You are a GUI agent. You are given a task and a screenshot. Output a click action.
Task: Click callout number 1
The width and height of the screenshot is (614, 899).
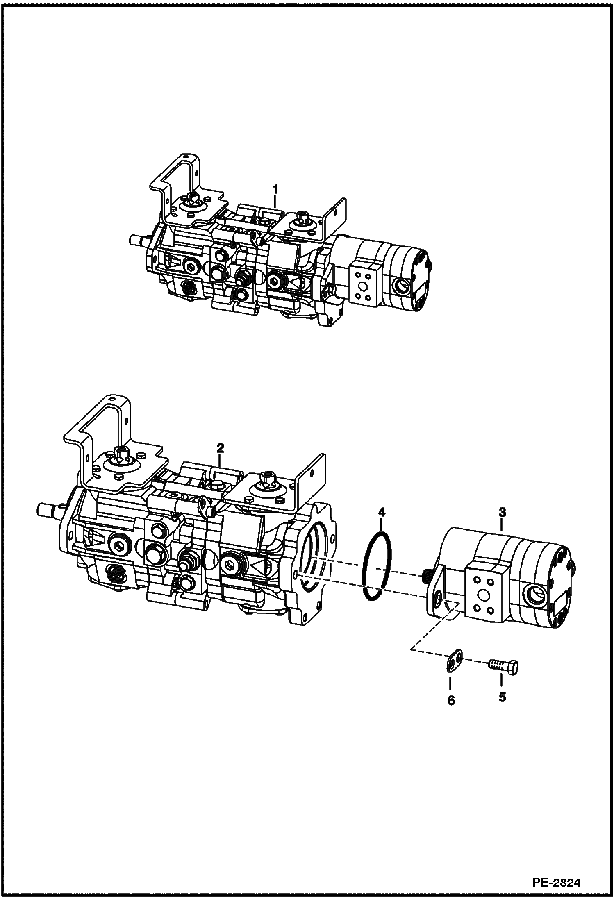[x=275, y=189]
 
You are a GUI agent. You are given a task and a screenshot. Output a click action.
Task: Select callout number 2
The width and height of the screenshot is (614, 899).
[x=221, y=448]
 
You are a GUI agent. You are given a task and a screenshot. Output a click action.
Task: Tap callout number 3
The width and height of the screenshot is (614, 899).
[x=502, y=512]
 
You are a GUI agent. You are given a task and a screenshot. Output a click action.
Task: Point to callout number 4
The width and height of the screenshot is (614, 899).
[x=382, y=511]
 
